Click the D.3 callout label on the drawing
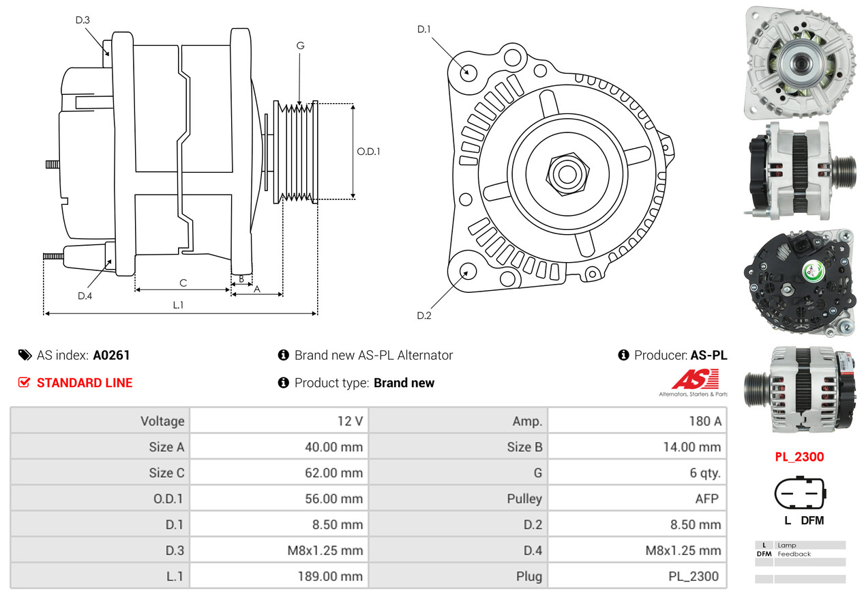pos(83,20)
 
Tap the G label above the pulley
pos(300,46)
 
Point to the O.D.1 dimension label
pos(368,151)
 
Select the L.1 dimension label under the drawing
pos(178,305)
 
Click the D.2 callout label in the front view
pos(424,315)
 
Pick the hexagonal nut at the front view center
pos(566,173)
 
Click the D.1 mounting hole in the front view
pos(468,71)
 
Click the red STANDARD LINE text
pos(85,383)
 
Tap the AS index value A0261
pos(111,355)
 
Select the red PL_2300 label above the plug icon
pos(799,457)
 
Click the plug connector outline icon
pos(799,493)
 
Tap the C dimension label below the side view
pos(183,283)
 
